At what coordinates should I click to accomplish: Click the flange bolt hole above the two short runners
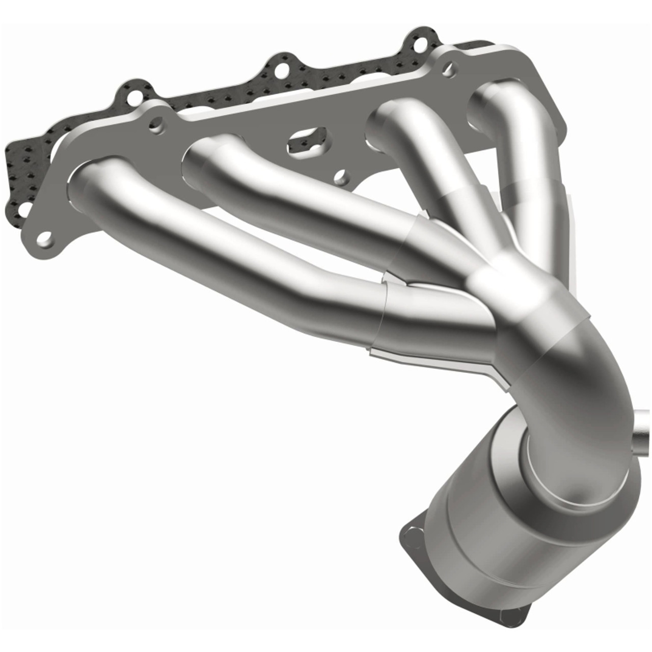click(448, 67)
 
